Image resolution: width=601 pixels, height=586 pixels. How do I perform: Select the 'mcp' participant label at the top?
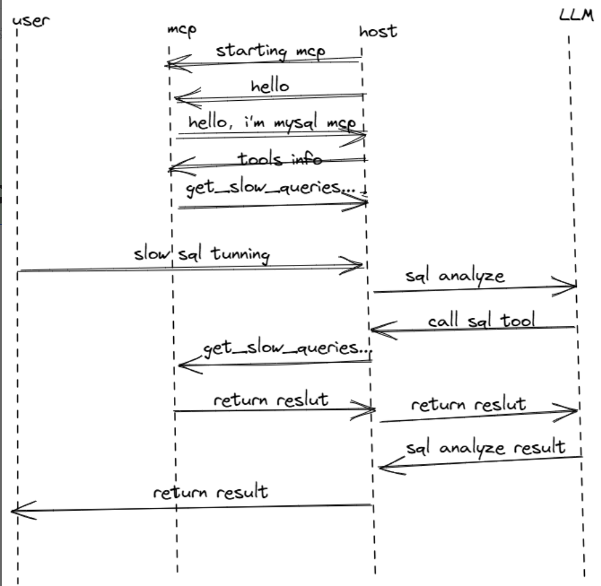pos(181,30)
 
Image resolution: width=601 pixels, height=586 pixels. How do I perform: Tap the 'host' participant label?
pos(377,31)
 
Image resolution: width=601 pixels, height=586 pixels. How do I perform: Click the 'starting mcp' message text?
pos(270,51)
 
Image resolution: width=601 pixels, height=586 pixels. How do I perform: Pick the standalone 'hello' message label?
pos(270,87)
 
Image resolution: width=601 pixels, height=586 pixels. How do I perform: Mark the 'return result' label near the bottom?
pos(210,493)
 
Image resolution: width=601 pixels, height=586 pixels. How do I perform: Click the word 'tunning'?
pos(242,254)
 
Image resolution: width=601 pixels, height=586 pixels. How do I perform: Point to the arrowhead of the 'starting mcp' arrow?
pos(168,65)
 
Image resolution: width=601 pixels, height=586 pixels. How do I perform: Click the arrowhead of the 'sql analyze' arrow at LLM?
pos(574,285)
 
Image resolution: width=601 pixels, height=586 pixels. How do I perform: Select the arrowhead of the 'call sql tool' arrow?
pos(374,330)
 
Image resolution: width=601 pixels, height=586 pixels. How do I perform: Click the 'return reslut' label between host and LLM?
pos(468,404)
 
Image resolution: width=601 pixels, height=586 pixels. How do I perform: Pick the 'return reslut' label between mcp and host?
pos(270,399)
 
